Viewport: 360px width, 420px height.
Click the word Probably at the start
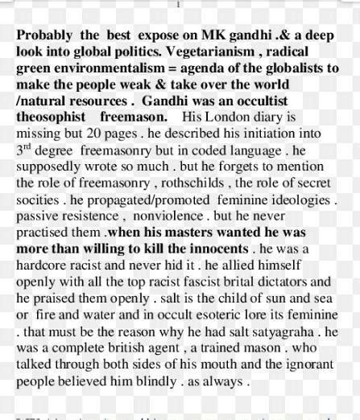pyautogui.click(x=44, y=37)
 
